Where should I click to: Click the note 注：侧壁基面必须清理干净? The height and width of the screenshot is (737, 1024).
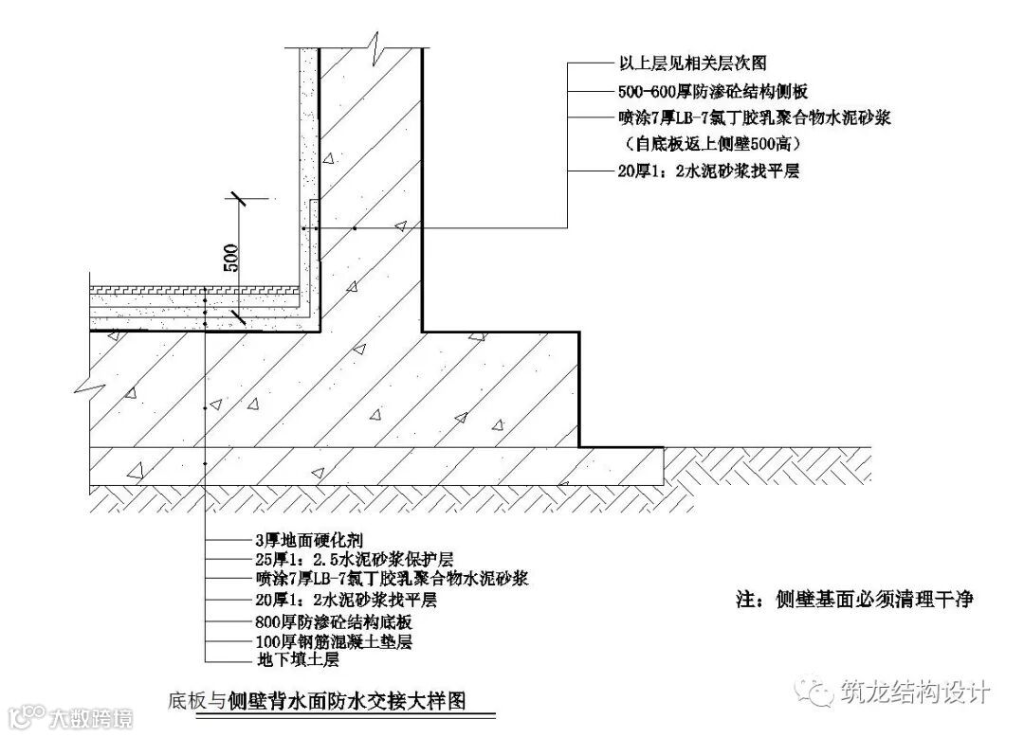(855, 600)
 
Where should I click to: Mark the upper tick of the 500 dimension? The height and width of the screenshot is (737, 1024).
(237, 199)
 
